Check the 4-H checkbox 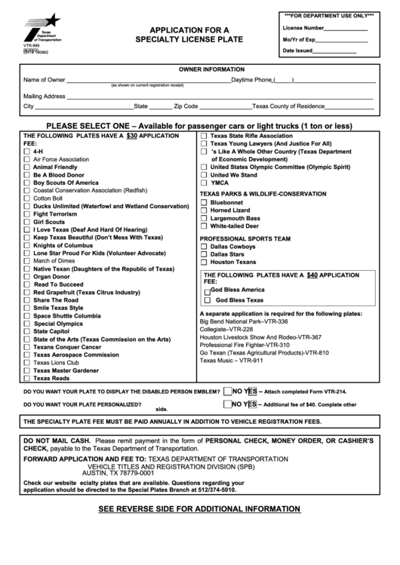point(27,152)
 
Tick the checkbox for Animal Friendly point(27,167)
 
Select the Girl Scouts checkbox point(27,222)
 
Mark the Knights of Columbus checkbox point(27,245)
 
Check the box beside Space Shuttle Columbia point(27,315)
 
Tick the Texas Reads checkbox point(27,378)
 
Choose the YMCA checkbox point(204,183)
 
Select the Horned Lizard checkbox point(204,210)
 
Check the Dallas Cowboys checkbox point(204,247)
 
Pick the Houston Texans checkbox point(204,262)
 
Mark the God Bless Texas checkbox point(208,300)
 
